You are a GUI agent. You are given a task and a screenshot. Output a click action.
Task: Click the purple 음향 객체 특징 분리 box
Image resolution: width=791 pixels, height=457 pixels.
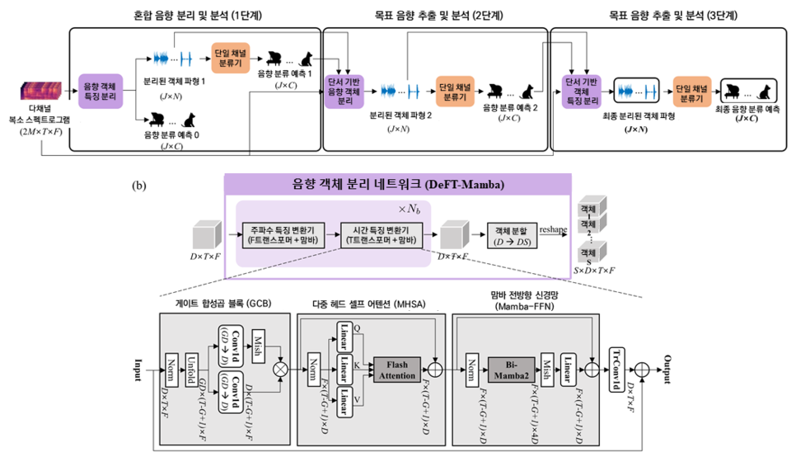tap(101, 91)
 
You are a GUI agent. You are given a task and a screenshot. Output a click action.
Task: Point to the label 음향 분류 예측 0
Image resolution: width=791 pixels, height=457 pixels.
tap(173, 134)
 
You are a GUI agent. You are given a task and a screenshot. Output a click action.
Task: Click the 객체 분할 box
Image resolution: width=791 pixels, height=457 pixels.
tap(511, 233)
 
